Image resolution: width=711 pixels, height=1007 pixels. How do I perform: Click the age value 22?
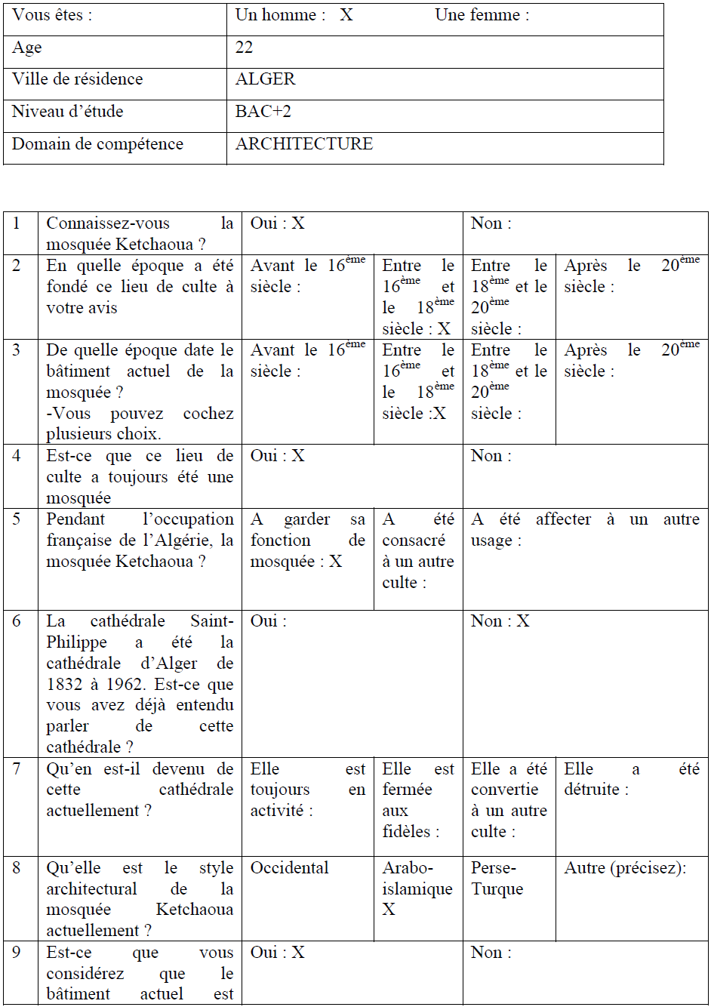point(245,48)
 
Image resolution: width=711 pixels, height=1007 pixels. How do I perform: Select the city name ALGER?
point(266,79)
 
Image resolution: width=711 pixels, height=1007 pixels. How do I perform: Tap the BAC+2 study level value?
point(263,112)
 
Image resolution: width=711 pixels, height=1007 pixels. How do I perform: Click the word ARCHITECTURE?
point(304,144)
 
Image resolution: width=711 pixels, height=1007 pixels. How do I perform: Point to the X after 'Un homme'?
point(346,15)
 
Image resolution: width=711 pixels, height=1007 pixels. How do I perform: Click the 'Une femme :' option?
point(482,15)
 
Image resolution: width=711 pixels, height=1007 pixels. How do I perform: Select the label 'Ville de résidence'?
point(77,79)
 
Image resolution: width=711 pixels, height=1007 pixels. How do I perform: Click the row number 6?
point(17,621)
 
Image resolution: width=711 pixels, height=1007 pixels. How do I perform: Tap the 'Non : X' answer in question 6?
point(500,621)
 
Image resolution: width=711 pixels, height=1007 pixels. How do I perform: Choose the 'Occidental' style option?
point(290,868)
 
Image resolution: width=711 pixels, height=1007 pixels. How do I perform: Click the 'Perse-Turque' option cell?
point(497,879)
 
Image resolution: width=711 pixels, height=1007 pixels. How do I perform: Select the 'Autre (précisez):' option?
point(625,868)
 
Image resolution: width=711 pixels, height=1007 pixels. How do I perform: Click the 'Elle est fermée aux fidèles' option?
point(418,800)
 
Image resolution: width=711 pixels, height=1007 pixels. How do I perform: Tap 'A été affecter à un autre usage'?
point(585,530)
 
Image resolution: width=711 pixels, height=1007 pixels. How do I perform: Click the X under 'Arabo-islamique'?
point(389,910)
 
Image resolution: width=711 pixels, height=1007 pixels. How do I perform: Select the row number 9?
point(17,953)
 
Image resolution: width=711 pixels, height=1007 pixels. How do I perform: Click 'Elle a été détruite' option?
point(631,779)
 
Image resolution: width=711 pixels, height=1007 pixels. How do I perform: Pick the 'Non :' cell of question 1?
point(491,223)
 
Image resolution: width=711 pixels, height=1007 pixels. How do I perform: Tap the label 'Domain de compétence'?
point(97,144)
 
